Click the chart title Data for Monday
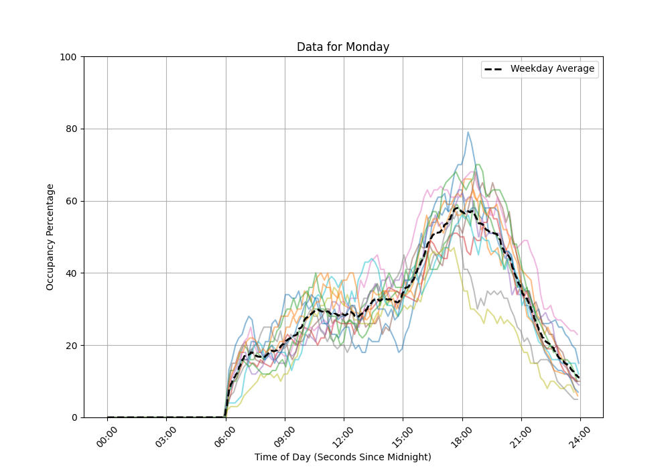(x=343, y=47)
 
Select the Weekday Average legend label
(x=552, y=69)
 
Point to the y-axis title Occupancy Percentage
(x=50, y=237)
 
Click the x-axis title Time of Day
(x=342, y=457)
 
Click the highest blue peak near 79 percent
(x=468, y=133)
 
